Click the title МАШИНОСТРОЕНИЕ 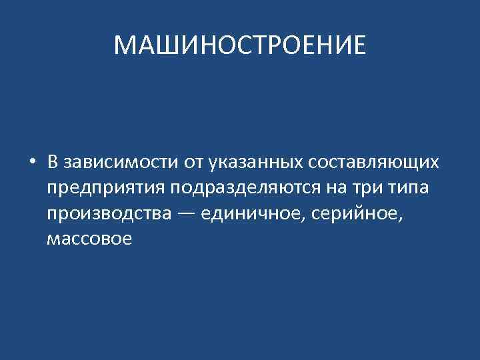coord(240,46)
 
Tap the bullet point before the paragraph coord(31,163)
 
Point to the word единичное coord(253,214)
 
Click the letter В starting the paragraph coord(53,163)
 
